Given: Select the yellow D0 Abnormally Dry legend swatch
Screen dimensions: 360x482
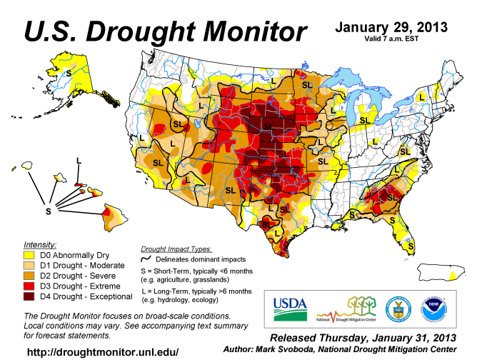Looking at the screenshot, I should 30,254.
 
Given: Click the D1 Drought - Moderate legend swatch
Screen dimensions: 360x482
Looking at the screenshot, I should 30,264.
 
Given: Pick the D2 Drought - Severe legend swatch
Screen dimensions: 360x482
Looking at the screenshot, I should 30,275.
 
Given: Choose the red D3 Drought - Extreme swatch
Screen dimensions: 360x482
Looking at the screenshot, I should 30,286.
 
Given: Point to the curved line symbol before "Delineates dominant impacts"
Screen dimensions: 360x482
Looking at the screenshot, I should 148,259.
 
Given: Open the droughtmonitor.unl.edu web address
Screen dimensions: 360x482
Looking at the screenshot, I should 102,352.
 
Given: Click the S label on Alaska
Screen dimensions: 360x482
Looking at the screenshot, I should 69,73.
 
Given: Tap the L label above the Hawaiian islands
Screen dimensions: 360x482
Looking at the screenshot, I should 78,159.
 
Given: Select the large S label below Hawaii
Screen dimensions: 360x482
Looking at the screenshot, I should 49,211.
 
